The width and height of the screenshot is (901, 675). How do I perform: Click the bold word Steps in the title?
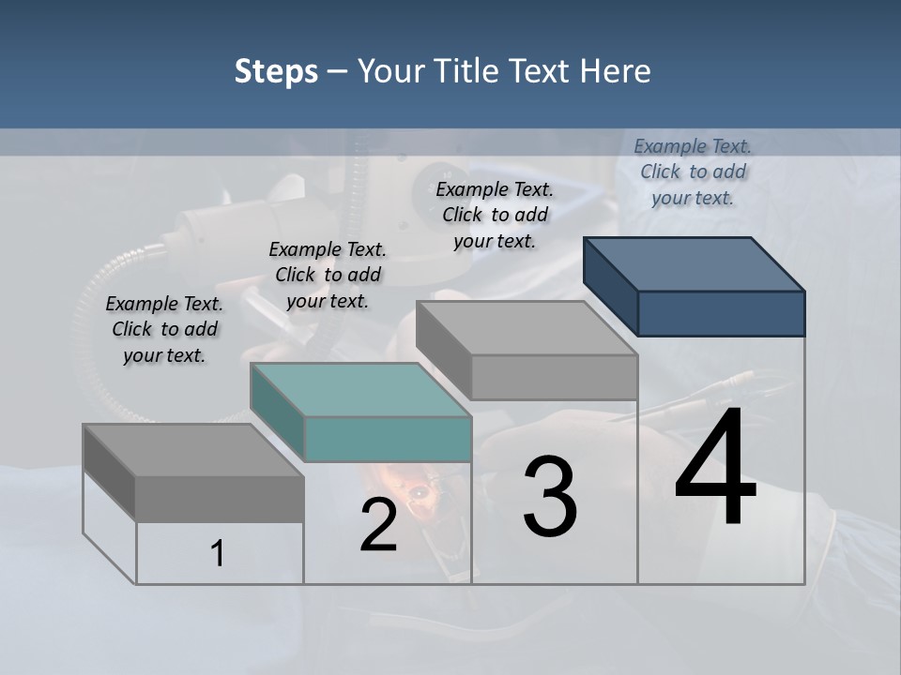click(276, 71)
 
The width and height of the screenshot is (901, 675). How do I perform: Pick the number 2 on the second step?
click(378, 525)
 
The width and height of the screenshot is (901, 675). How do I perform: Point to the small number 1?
click(218, 553)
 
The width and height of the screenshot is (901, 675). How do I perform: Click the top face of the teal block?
click(361, 390)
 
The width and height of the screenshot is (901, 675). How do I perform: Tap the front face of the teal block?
click(388, 439)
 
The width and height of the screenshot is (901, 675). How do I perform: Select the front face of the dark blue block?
click(721, 313)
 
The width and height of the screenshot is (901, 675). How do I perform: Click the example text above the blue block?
click(693, 172)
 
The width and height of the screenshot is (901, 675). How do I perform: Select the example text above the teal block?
click(328, 275)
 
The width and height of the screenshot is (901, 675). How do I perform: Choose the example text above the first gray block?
click(164, 329)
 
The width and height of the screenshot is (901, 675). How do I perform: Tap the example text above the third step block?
click(495, 215)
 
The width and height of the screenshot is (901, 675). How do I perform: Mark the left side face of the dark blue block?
click(610, 286)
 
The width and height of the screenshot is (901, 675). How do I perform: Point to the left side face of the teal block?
click(278, 412)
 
